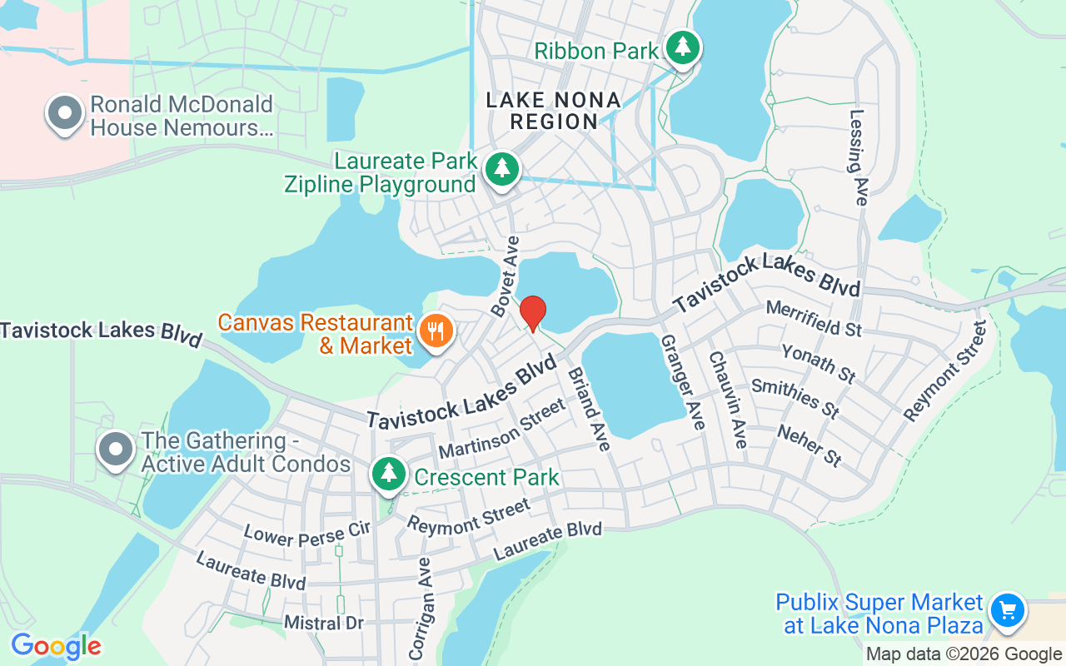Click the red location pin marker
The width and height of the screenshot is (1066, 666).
coord(533,313)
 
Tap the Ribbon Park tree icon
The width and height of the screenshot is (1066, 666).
coord(683,47)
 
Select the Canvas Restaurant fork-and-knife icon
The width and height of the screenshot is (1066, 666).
coord(435,332)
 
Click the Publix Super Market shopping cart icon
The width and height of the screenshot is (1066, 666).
coord(1008,611)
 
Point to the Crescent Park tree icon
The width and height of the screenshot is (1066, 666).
coord(388,474)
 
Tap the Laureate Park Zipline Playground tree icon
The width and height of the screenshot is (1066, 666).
coord(502,169)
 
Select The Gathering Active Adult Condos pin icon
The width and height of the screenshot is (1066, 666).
coord(117,450)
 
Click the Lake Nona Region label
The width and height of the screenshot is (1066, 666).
coord(554,111)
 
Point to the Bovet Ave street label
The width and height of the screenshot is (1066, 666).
coord(506,276)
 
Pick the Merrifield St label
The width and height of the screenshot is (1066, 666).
coord(813,319)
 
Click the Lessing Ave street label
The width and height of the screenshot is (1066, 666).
coord(859,157)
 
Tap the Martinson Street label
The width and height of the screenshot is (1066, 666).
coord(501,428)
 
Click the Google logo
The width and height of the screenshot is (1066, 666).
coord(56,646)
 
